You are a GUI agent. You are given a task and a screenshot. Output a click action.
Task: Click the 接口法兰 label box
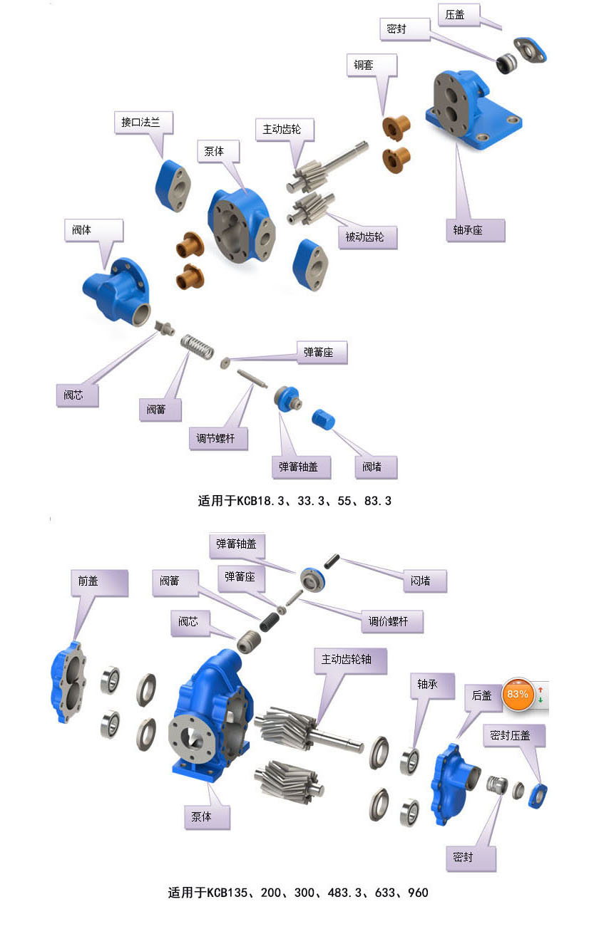pyautogui.click(x=143, y=123)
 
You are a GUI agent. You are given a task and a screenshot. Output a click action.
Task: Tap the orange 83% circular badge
pyautogui.click(x=518, y=693)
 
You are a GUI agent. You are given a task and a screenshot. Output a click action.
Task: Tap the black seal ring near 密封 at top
pyautogui.click(x=507, y=63)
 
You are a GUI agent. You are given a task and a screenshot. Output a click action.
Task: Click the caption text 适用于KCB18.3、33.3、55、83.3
pyautogui.click(x=295, y=501)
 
